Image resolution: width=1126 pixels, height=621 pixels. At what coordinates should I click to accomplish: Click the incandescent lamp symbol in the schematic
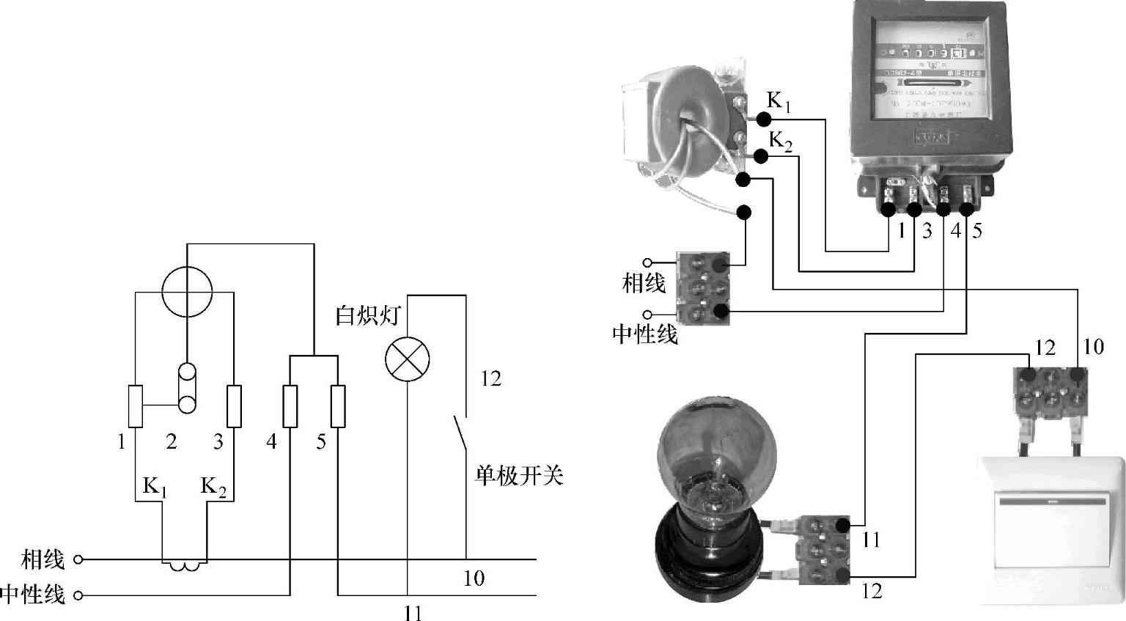(407, 359)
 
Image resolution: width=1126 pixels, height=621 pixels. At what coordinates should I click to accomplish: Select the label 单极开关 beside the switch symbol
(518, 477)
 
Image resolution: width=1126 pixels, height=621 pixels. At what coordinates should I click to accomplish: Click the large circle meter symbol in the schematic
(187, 291)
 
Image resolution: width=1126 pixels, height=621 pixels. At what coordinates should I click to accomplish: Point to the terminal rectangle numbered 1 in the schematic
(136, 405)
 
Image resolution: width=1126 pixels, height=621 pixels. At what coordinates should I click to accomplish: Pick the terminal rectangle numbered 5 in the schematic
(338, 405)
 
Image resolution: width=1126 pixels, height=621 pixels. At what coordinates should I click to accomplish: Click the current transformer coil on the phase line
(184, 565)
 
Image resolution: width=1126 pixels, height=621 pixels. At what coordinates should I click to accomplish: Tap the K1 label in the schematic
(154, 486)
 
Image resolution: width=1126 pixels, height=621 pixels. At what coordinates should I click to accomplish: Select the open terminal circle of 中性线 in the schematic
(78, 595)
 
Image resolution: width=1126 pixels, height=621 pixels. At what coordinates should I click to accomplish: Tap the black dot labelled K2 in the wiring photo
(761, 156)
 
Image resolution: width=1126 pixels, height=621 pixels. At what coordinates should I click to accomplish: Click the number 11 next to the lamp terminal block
(870, 540)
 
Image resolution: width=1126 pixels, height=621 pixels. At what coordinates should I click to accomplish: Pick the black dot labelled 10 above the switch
(1077, 375)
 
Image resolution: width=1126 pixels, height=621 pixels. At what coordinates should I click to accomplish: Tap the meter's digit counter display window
(931, 53)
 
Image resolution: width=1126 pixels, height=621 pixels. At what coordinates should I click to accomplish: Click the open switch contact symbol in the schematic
(459, 433)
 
